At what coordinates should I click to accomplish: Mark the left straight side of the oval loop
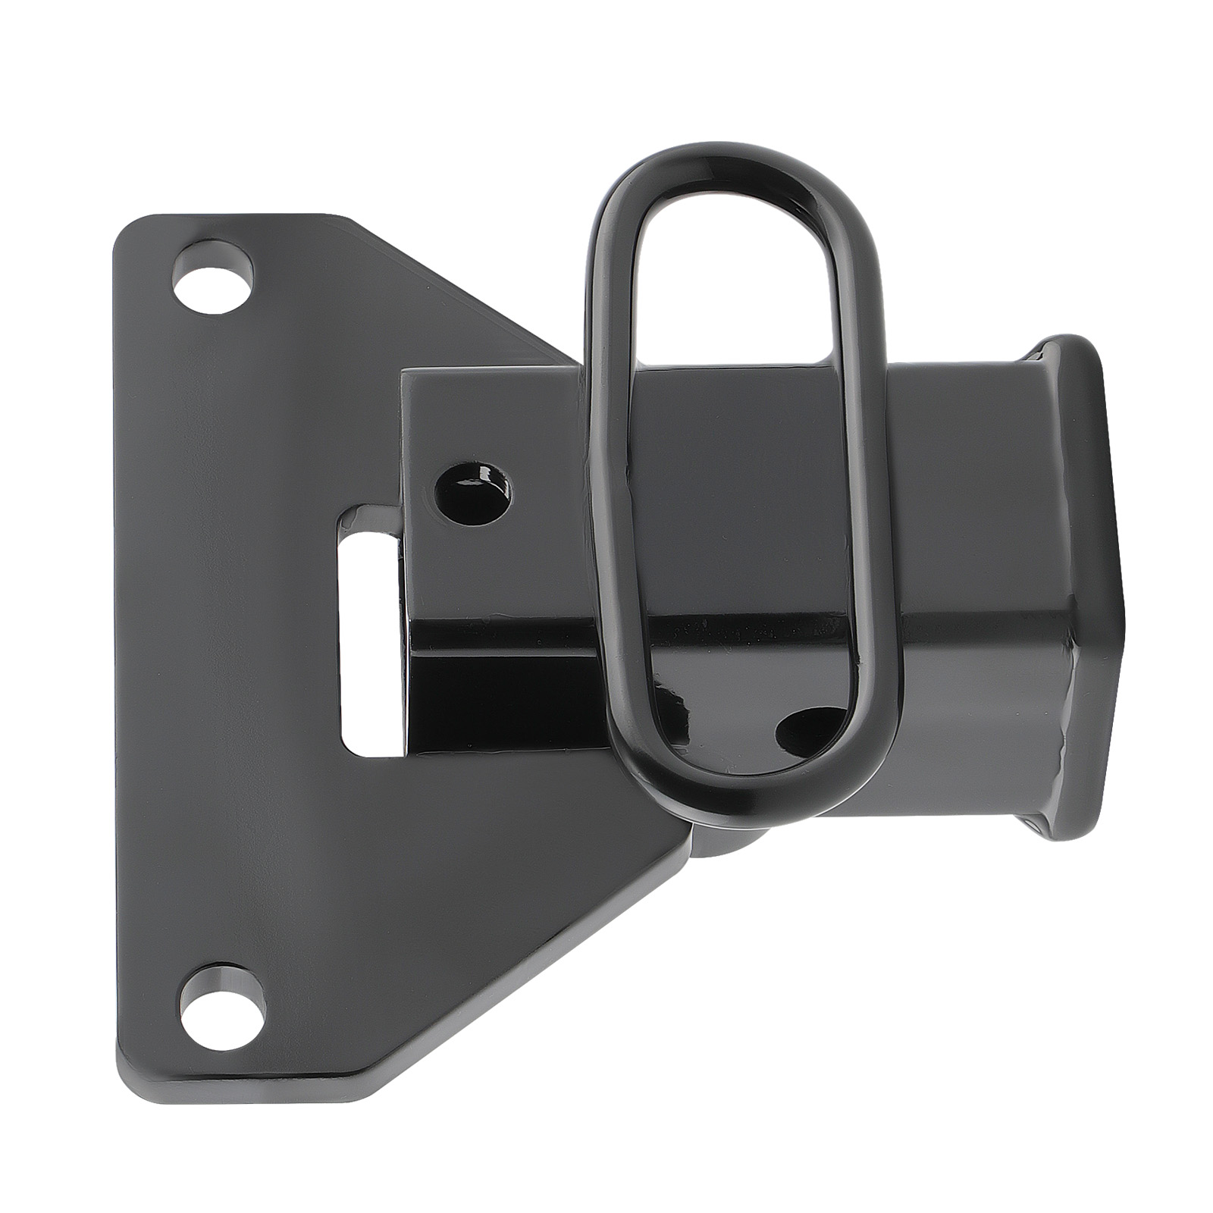(x=599, y=493)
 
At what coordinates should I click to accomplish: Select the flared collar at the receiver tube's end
(x=1084, y=576)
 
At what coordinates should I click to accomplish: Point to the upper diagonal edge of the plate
(x=462, y=288)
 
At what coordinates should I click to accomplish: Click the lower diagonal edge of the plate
(x=531, y=963)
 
